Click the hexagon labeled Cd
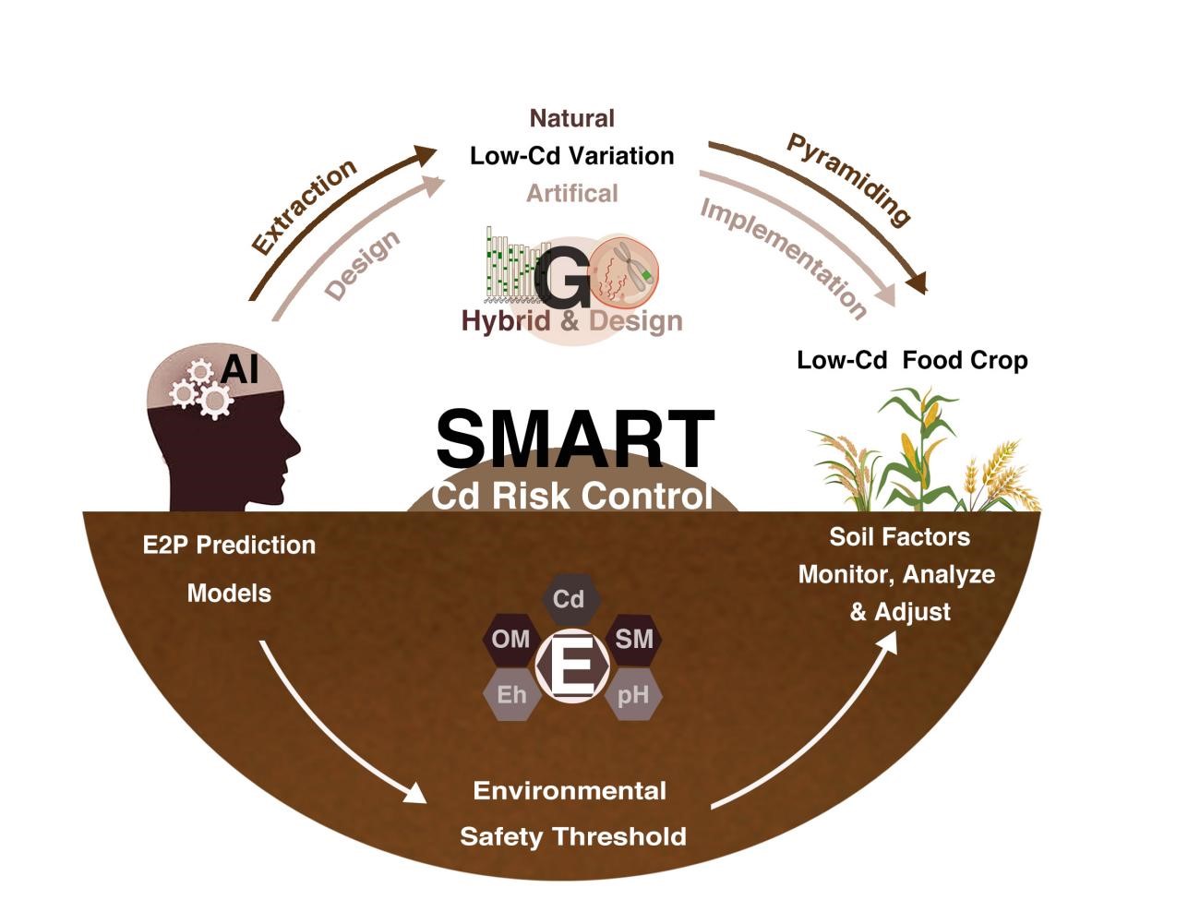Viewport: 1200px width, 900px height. click(569, 600)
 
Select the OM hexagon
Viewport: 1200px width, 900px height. click(510, 640)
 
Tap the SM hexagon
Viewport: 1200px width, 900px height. click(633, 639)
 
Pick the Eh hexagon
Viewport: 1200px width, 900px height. click(511, 694)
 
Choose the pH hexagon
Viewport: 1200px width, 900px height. click(633, 694)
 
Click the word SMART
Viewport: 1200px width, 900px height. click(574, 438)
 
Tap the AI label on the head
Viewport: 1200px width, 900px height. click(240, 369)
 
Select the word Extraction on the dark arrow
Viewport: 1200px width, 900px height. click(304, 207)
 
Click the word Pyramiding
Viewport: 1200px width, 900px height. click(848, 179)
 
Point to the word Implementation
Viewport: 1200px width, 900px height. click(784, 258)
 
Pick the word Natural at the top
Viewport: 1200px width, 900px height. click(571, 118)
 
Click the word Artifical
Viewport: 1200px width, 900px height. click(571, 193)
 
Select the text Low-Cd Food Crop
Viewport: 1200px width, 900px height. click(912, 360)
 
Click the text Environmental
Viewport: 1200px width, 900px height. click(570, 791)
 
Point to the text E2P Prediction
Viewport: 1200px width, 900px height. click(229, 545)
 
